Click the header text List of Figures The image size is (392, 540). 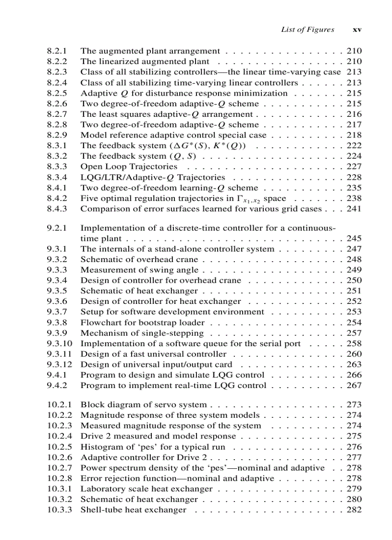coord(307,30)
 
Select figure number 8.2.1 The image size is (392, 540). coord(57,51)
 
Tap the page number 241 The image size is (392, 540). coord(354,209)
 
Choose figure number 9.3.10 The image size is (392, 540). coord(60,344)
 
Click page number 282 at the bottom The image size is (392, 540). coord(354,510)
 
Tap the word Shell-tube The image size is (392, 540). coord(100,510)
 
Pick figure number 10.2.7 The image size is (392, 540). coord(60,468)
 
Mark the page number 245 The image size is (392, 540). coord(354,239)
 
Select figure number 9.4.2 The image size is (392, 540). coord(57,386)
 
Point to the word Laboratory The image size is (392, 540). coord(101,489)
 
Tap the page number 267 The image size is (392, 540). coord(354,386)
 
